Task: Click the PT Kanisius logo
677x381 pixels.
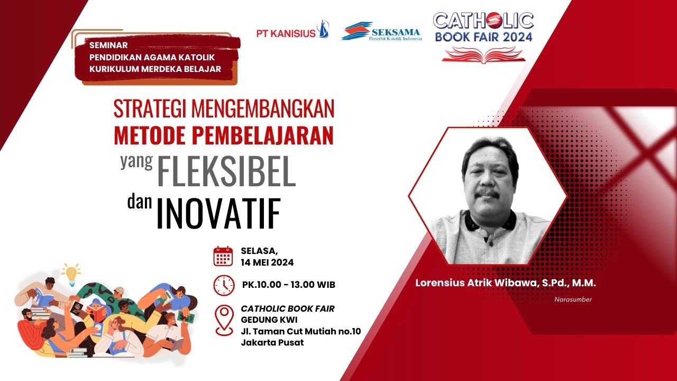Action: point(292,32)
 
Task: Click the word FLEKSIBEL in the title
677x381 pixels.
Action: point(226,171)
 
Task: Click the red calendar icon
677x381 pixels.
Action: point(223,256)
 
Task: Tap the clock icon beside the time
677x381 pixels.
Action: point(224,285)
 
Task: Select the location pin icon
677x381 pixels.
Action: point(224,320)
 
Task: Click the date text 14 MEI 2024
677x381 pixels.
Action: point(267,262)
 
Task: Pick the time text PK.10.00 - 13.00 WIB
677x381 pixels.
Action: point(289,285)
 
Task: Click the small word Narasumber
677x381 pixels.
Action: point(573,300)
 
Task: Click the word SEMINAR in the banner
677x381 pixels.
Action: point(108,45)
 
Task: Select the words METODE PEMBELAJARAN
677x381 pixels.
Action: point(224,135)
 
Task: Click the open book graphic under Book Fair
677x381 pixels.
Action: point(483,54)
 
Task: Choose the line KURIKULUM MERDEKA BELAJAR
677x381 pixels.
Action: point(155,69)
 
